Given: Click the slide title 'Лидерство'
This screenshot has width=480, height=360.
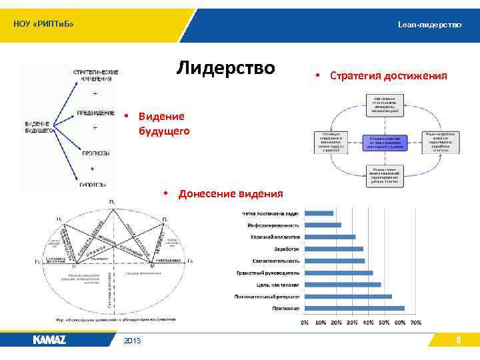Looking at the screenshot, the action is (x=225, y=68).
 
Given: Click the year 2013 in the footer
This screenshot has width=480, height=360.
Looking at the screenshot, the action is (x=132, y=341).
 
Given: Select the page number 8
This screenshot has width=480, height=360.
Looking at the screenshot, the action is (x=458, y=341).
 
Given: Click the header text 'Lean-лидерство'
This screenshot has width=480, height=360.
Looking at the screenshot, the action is (x=429, y=25).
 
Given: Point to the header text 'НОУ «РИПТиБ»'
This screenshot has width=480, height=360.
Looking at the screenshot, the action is (x=43, y=25).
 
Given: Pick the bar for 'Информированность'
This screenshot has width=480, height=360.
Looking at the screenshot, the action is (x=323, y=225).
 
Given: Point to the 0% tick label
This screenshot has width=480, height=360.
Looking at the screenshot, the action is (x=305, y=323).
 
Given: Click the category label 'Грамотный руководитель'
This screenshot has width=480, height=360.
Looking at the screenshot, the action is (x=268, y=273).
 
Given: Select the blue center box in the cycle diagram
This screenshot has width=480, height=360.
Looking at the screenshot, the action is (x=386, y=142).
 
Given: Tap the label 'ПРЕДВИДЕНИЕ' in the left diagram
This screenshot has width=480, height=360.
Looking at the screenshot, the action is (x=95, y=113).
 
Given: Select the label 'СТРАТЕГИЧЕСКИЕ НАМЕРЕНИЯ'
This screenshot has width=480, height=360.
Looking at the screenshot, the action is (x=96, y=75).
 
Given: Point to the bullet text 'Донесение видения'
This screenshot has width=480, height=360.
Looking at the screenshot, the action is (x=230, y=194).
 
